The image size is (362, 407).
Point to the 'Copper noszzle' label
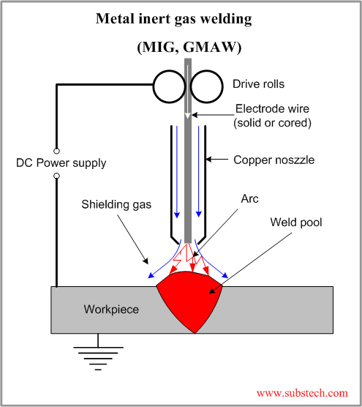274,160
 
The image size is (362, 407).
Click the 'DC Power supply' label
61,162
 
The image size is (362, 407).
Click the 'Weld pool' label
295,221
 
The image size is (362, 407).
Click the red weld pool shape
189,300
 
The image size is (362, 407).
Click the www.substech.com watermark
302,393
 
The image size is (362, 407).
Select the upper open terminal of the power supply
57,143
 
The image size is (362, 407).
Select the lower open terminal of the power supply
57,179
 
